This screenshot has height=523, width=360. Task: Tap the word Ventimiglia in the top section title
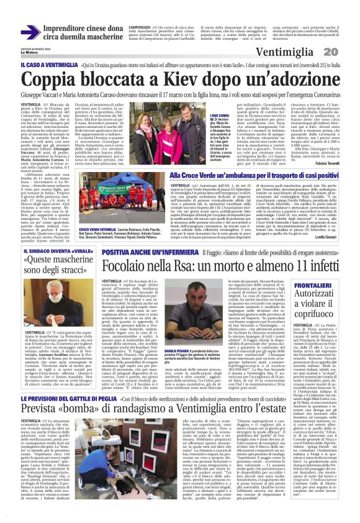(x=289, y=50)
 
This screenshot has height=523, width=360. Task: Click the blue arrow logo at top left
(x=30, y=32)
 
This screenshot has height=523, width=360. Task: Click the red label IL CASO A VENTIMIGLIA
(x=49, y=65)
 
